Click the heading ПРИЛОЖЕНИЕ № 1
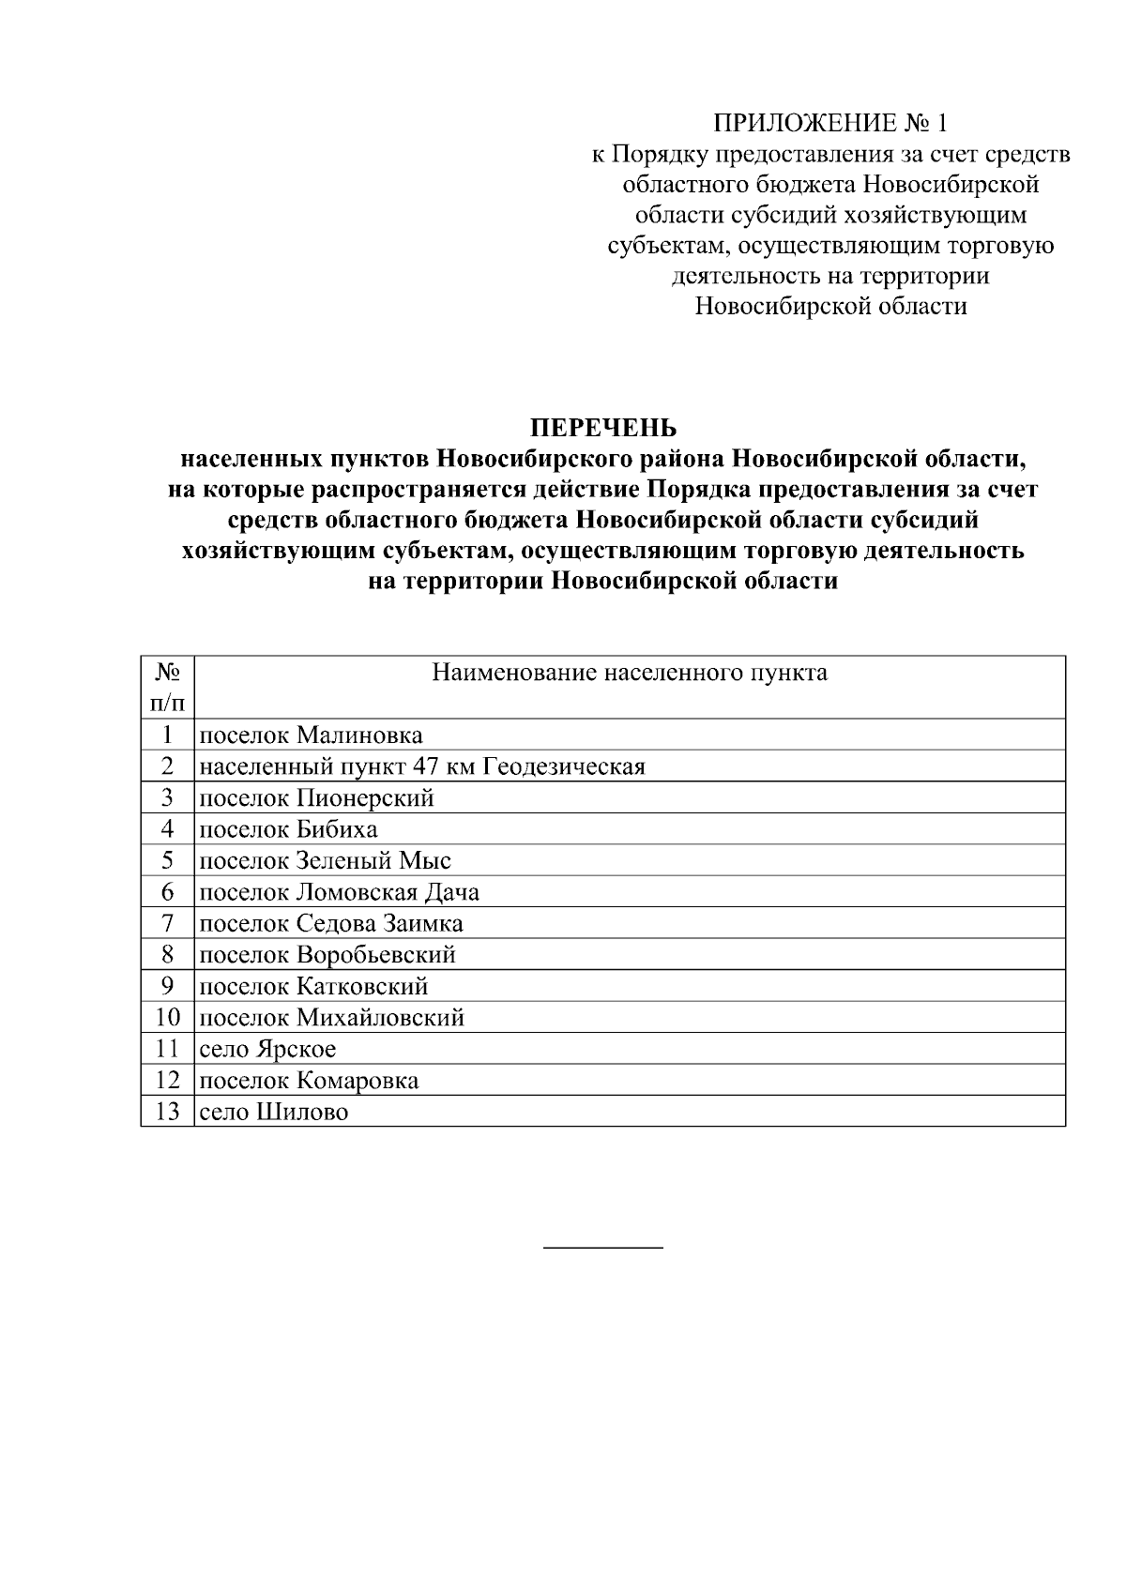coord(830,123)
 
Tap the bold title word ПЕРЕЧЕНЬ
coord(603,429)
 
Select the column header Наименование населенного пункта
coord(630,673)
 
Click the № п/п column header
coord(168,687)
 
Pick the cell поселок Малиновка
coord(312,735)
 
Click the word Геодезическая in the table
coord(564,767)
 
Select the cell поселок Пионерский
coord(317,798)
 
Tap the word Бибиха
coord(337,829)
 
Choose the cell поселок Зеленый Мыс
coord(326,861)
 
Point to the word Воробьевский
coord(376,955)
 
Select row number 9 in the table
coord(168,986)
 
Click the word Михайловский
coord(380,1018)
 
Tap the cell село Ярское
coord(268,1049)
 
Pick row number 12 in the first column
coord(168,1081)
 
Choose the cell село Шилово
coord(274,1112)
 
